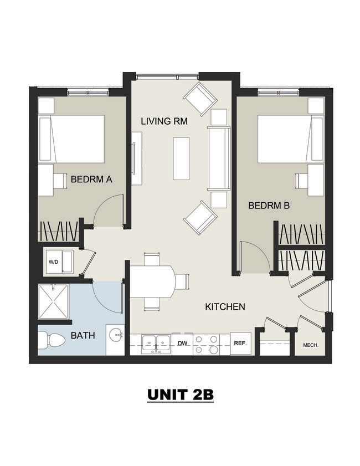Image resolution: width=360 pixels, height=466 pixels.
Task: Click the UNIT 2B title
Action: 181,395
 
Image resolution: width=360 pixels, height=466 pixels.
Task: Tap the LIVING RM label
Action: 164,121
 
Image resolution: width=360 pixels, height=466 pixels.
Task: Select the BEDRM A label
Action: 91,179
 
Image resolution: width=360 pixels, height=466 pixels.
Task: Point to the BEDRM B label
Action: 269,206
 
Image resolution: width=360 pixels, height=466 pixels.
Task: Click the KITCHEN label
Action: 225,306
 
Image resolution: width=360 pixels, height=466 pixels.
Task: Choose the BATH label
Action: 83,335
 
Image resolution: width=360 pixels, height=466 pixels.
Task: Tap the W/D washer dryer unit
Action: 59,262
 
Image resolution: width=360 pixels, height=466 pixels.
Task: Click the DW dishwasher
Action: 182,344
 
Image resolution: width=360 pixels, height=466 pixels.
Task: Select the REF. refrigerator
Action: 240,343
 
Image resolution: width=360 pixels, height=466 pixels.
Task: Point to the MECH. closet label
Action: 311,345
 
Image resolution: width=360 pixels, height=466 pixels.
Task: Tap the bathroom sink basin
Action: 116,335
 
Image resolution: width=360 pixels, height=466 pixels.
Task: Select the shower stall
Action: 53,301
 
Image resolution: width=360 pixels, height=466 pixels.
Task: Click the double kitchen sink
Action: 156,344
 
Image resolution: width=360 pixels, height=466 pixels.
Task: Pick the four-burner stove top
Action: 206,344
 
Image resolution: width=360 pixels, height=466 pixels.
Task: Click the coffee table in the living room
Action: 181,158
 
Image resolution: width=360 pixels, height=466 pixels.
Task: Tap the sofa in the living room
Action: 219,158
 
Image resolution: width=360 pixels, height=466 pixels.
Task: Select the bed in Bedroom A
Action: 71,139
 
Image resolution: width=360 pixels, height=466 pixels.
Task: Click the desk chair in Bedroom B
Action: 301,181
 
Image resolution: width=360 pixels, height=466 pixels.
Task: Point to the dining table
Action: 153,281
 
